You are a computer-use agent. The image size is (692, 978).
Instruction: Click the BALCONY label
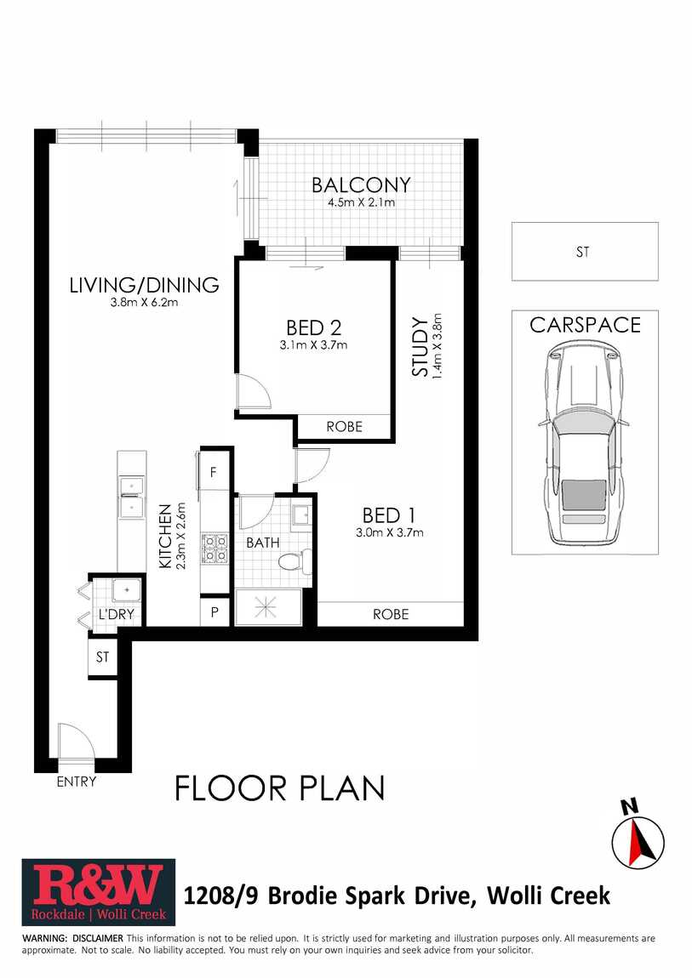[361, 185]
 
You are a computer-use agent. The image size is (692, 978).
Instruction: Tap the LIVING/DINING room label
[144, 285]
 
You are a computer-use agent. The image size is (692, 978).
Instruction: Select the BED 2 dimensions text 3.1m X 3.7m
[313, 345]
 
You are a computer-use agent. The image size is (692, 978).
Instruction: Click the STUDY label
[420, 347]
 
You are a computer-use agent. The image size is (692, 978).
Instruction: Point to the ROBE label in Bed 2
[345, 427]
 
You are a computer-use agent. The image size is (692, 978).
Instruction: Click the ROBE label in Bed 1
[392, 614]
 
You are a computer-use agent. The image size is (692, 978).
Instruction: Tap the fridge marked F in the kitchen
[214, 471]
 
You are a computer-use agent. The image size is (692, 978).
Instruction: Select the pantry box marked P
[214, 611]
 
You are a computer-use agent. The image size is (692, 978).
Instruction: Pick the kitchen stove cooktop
[215, 549]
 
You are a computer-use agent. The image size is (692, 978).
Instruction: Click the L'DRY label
[116, 614]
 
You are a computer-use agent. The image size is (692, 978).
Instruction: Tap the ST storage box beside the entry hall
[102, 657]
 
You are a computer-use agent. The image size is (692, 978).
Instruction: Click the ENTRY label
[76, 782]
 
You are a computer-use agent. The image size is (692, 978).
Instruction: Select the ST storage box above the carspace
[585, 252]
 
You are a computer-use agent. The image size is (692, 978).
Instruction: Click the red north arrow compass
[638, 841]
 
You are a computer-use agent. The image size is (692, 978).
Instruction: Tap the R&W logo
[99, 892]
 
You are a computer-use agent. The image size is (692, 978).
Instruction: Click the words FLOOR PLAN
[279, 788]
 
